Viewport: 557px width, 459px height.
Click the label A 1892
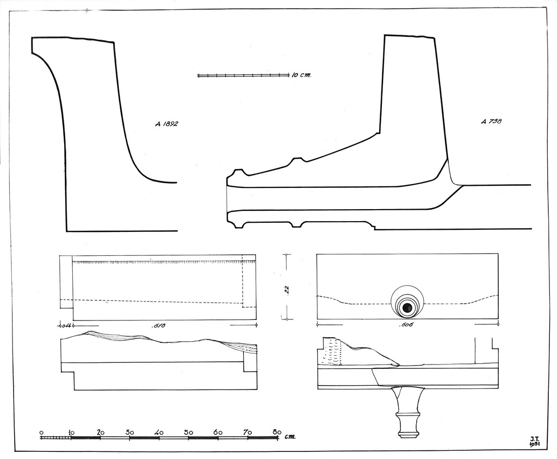pyautogui.click(x=166, y=124)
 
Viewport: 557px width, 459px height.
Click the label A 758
pyautogui.click(x=491, y=122)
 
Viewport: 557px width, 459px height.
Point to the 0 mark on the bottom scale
pyautogui.click(x=41, y=432)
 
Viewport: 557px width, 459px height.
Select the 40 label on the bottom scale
pyautogui.click(x=159, y=432)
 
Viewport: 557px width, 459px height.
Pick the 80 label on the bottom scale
pyautogui.click(x=276, y=432)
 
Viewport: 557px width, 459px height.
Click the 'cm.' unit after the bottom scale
pyautogui.click(x=289, y=436)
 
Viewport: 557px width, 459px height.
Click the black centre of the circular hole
pyautogui.click(x=406, y=307)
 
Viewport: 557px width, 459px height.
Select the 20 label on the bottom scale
pyautogui.click(x=100, y=432)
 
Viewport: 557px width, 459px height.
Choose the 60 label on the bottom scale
pyautogui.click(x=218, y=432)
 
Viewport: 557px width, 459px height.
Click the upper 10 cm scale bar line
pyautogui.click(x=243, y=75)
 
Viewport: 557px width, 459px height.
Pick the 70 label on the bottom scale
pyautogui.click(x=247, y=432)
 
